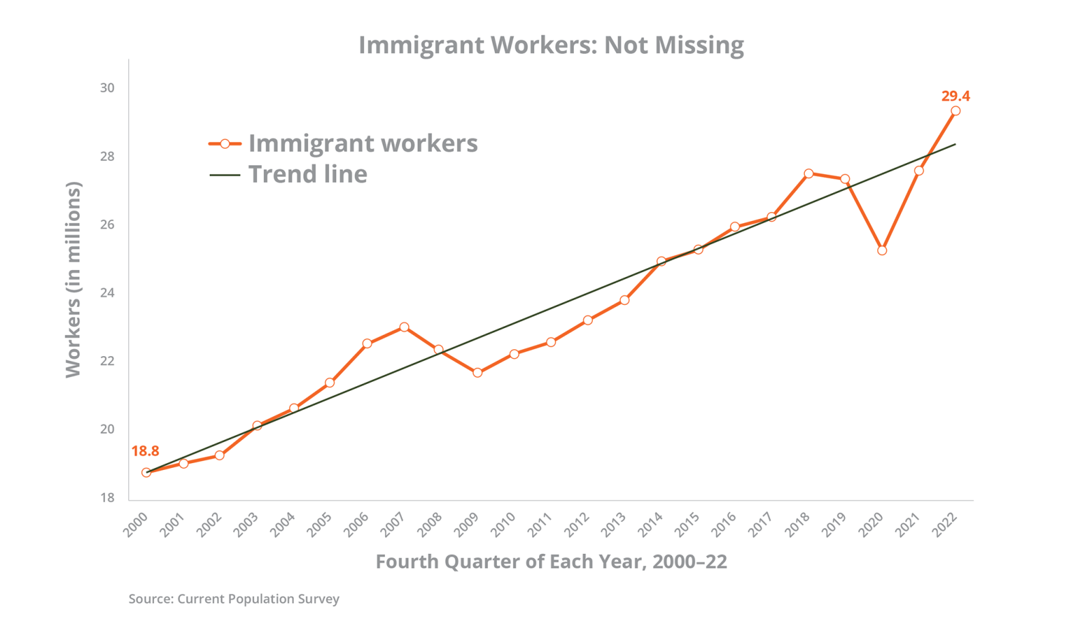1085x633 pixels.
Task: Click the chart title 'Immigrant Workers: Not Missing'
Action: (x=551, y=45)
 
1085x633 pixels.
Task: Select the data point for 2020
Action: (x=882, y=250)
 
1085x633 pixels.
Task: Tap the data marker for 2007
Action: (x=404, y=327)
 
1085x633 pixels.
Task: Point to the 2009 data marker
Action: (x=478, y=372)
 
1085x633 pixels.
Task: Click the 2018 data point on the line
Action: (x=808, y=173)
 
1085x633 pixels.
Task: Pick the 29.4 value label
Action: (x=956, y=96)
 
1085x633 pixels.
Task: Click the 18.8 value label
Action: (x=145, y=451)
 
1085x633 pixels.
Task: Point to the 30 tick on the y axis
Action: (x=107, y=88)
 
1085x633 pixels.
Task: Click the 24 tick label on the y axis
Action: (x=107, y=293)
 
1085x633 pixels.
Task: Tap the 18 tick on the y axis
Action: (x=107, y=498)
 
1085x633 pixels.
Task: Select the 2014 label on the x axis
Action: (x=651, y=526)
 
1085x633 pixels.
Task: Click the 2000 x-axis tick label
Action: (x=136, y=526)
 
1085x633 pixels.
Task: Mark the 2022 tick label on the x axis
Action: (x=946, y=526)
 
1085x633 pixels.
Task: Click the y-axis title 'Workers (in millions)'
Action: (x=73, y=280)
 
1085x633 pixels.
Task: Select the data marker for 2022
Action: (x=956, y=111)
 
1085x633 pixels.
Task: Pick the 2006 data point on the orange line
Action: (x=367, y=344)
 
